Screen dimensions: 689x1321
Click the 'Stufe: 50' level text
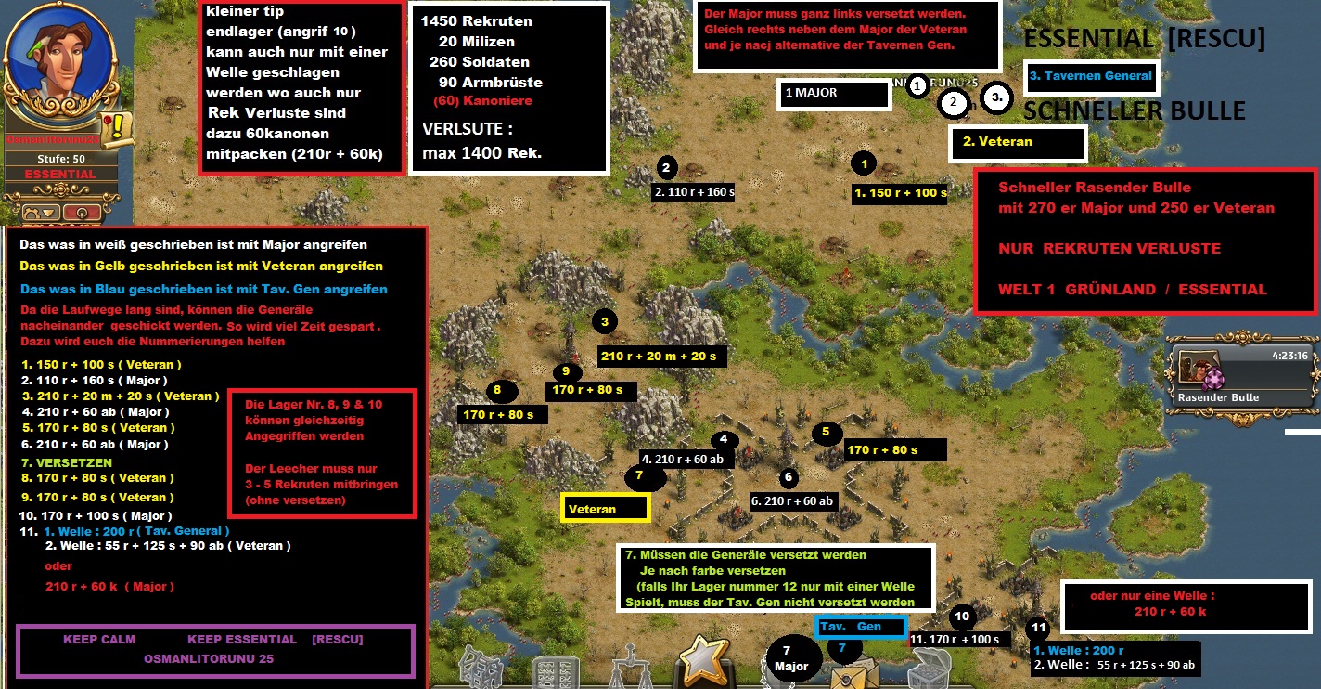pos(59,159)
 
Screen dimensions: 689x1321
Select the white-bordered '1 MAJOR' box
pos(834,94)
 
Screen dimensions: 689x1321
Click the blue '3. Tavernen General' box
pos(1090,76)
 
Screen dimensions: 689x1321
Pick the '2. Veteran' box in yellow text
pos(1018,143)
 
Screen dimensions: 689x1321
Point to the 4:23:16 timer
pos(1290,356)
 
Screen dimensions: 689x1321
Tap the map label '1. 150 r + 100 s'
pos(901,193)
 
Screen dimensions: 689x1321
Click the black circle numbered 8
pos(497,390)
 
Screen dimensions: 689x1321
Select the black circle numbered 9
pos(565,371)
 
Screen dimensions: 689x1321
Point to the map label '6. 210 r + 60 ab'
pos(792,501)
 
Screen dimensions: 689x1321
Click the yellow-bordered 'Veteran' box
pos(606,508)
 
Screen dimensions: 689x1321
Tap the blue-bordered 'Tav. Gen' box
pos(860,627)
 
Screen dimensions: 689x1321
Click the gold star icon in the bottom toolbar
pos(705,659)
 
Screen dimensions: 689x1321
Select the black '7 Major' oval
pos(795,658)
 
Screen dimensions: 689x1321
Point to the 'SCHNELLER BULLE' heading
pos(1134,111)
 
